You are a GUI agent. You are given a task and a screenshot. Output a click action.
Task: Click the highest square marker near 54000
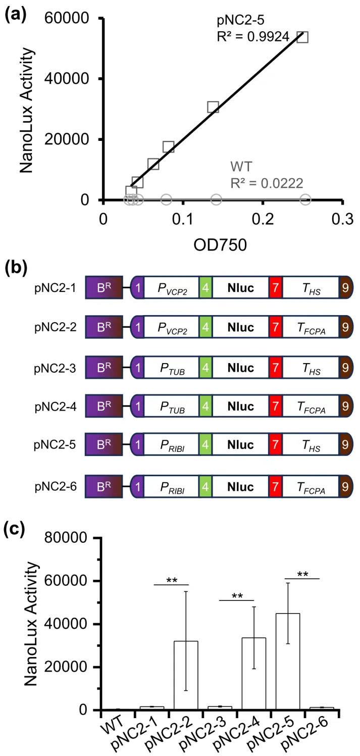tap(302, 37)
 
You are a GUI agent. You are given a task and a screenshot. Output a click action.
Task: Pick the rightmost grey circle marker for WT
tap(305, 199)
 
